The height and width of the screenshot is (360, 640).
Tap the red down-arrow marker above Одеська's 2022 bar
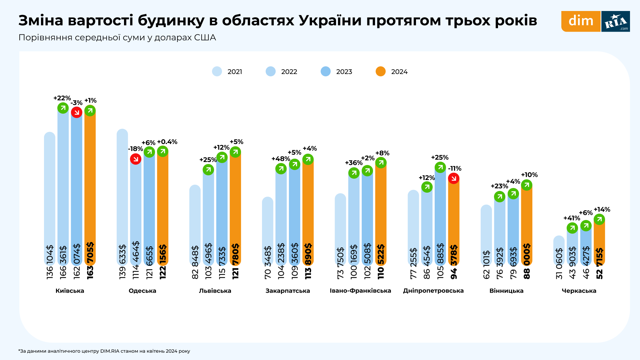(x=136, y=159)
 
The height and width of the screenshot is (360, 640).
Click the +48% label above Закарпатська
(x=281, y=159)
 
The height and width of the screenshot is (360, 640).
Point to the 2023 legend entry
(x=337, y=72)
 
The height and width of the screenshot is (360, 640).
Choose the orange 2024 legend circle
(x=381, y=72)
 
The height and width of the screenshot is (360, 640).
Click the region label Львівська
(x=215, y=291)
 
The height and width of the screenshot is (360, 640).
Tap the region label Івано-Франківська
(x=360, y=291)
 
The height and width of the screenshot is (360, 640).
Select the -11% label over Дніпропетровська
(x=455, y=169)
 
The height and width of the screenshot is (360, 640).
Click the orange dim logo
(x=581, y=21)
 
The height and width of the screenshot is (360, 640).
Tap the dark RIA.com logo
(x=616, y=21)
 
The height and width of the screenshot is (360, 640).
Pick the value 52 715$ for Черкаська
(x=599, y=263)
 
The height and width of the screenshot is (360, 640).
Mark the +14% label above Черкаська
(x=602, y=210)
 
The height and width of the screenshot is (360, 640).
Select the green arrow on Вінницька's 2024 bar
(x=527, y=185)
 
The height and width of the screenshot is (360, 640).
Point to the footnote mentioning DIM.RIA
(x=104, y=351)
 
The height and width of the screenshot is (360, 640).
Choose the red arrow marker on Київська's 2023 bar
(x=77, y=112)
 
